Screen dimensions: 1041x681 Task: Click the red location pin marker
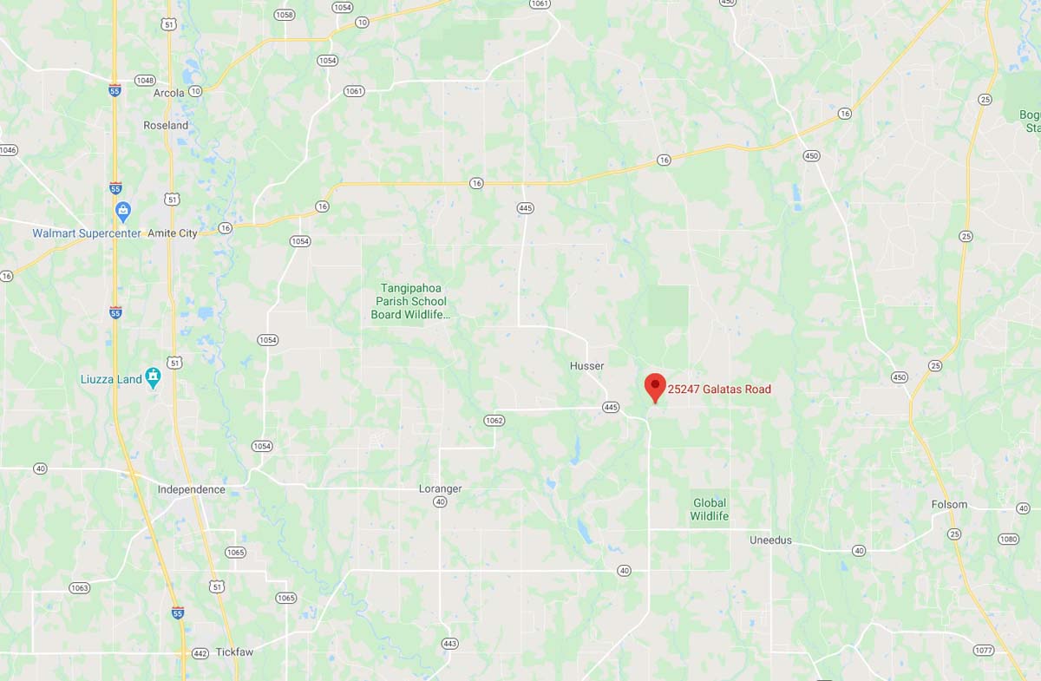pos(655,387)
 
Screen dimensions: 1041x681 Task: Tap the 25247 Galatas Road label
pos(719,390)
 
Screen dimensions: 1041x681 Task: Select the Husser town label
pos(586,366)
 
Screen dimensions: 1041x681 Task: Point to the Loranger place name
pos(440,488)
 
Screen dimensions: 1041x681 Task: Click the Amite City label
pos(173,233)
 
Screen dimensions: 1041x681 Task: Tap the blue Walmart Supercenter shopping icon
pos(123,211)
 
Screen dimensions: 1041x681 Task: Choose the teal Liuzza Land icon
pos(154,377)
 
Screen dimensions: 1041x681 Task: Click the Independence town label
pos(191,489)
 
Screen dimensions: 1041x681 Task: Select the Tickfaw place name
pos(234,652)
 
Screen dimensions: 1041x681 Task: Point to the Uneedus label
pos(770,540)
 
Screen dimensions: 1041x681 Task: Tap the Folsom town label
pos(949,504)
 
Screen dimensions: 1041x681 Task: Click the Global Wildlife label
pos(709,509)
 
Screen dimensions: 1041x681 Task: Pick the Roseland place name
pos(166,125)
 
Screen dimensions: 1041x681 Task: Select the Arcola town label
pos(169,93)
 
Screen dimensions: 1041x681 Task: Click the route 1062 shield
pos(494,421)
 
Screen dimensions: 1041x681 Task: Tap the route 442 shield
pos(200,653)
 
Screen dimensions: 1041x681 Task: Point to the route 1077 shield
pos(983,650)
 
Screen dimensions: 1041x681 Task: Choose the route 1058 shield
pos(284,15)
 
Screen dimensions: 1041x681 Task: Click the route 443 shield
pos(449,644)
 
